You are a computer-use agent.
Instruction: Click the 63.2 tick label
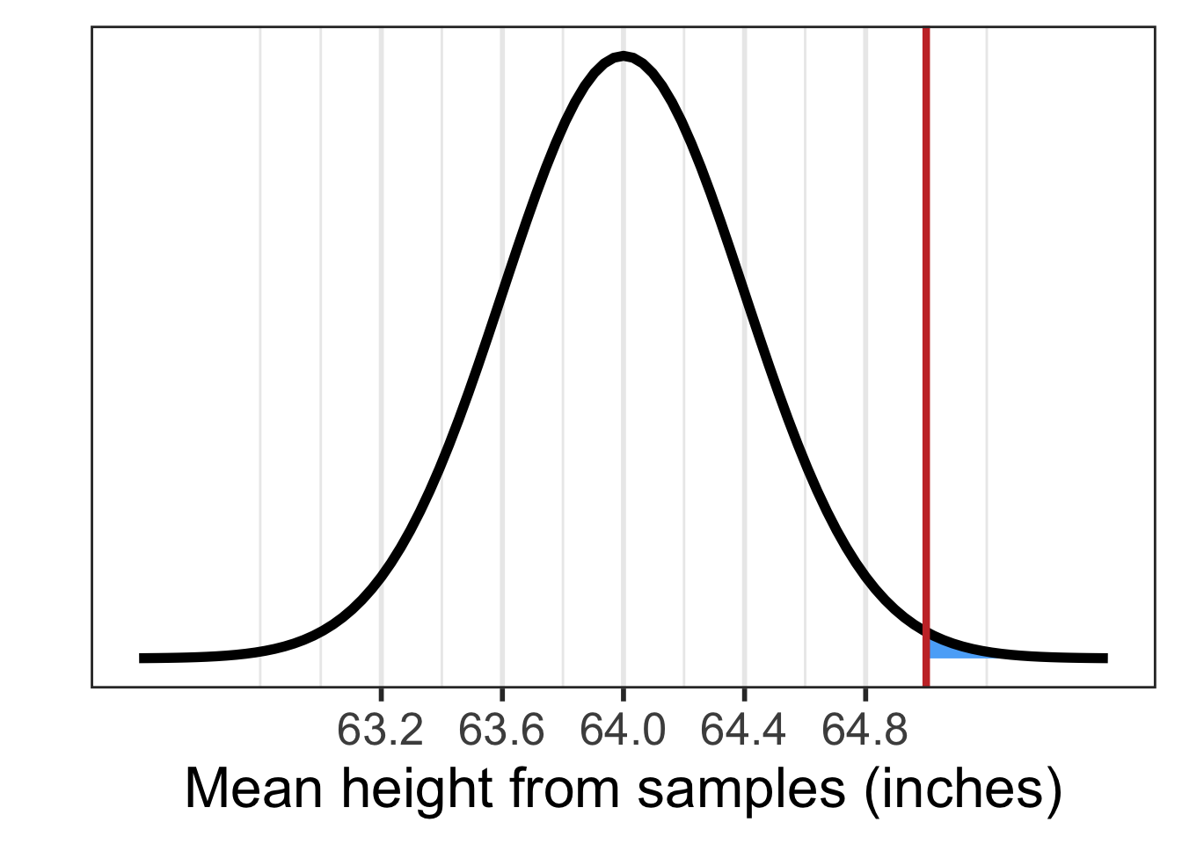click(x=380, y=731)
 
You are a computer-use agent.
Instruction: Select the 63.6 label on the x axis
click(x=501, y=731)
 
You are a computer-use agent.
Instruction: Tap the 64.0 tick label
click(x=623, y=731)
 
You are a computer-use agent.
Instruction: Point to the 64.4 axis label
click(x=744, y=731)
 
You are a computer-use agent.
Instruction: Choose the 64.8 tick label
click(x=865, y=731)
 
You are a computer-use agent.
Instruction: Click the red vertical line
click(x=926, y=352)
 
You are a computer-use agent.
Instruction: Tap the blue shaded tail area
click(x=950, y=651)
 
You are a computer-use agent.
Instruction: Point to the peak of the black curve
click(x=623, y=57)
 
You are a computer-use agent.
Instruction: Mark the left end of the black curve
click(x=142, y=658)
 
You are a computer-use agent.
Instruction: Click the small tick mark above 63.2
click(x=381, y=693)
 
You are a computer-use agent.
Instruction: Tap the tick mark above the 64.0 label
click(x=623, y=693)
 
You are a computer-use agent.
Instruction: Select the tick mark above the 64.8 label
click(x=865, y=693)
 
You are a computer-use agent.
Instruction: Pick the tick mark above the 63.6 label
click(x=501, y=693)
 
